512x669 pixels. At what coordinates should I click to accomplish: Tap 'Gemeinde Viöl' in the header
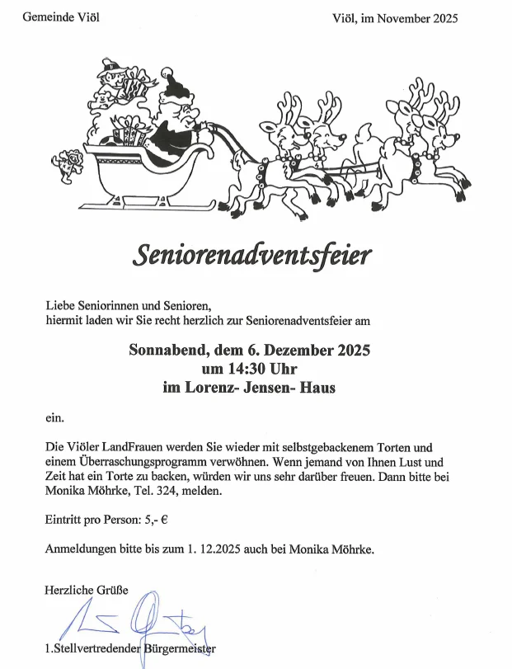click(x=60, y=18)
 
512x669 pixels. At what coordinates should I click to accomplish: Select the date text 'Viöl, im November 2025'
click(x=394, y=18)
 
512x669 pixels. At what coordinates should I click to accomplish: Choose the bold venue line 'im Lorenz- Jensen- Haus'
click(x=249, y=387)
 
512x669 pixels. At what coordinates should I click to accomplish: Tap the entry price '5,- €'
click(x=153, y=520)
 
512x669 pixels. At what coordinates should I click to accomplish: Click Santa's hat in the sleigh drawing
click(x=175, y=81)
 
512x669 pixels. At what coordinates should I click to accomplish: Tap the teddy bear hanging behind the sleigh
click(x=67, y=161)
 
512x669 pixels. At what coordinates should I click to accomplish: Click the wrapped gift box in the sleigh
click(x=130, y=132)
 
